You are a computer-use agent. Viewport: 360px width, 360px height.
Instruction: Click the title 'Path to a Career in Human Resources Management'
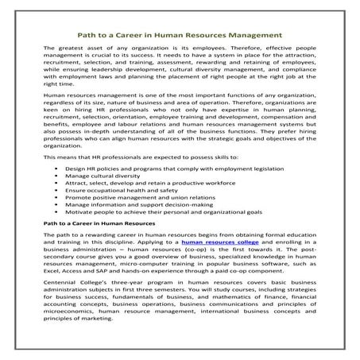[180, 34]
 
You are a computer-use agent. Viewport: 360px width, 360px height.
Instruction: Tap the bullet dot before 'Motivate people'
[56, 232]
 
